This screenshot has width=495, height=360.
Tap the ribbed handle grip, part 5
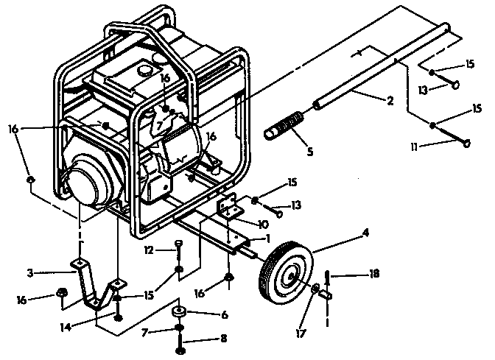click(x=284, y=123)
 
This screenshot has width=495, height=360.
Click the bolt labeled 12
click(x=179, y=247)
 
